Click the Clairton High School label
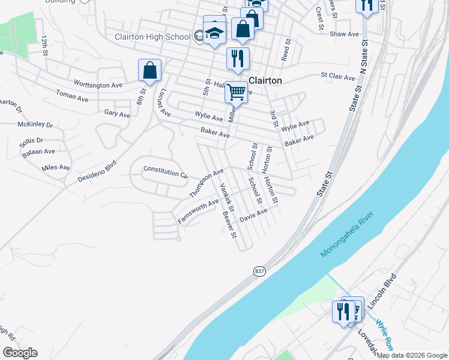[152, 37]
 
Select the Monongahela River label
[351, 233]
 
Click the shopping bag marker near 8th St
[150, 71]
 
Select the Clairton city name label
[265, 80]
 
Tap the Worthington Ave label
[98, 85]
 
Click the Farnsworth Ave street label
[198, 212]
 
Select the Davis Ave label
[253, 215]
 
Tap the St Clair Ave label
[339, 76]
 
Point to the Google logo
[20, 353]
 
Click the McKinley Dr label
[35, 125]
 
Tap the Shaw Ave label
[345, 34]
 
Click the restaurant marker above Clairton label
[238, 59]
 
